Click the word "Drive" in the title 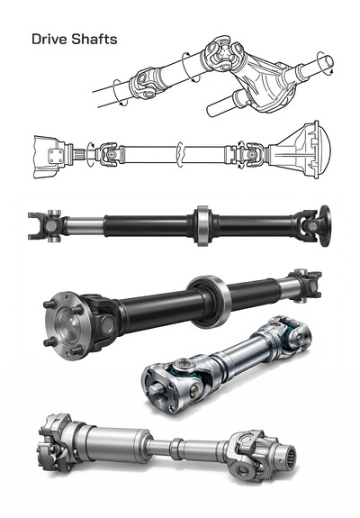[49, 40]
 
